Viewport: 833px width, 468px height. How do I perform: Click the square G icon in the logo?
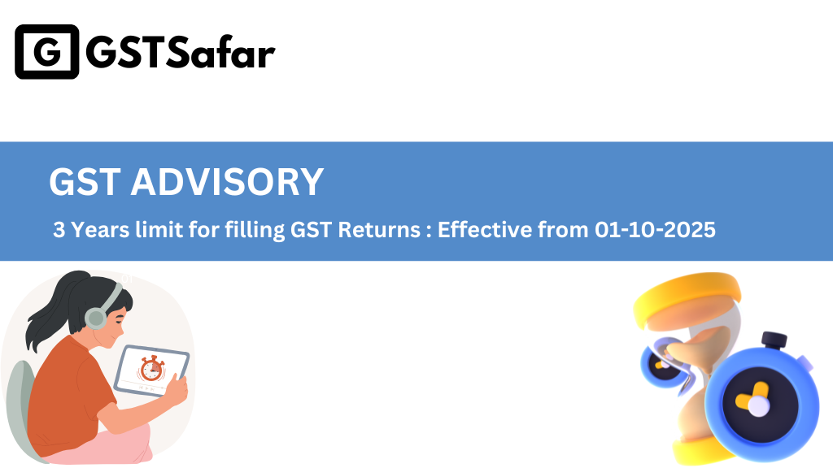46,51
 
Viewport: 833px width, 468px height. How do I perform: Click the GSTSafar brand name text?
181,53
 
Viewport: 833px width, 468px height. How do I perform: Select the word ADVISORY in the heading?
228,182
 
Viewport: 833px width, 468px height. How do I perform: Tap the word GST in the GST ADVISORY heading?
85,182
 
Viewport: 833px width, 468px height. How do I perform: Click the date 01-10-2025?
655,230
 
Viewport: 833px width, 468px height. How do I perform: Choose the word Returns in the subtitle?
379,230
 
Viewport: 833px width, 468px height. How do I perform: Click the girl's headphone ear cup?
96,318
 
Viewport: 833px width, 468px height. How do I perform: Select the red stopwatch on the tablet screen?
151,368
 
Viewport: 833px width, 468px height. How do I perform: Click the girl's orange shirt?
69,392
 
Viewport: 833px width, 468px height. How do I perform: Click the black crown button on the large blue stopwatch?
774,340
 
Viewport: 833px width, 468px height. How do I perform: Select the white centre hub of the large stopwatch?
759,407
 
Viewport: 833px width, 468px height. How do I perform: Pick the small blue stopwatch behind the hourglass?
661,362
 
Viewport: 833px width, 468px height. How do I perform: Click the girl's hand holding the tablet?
177,390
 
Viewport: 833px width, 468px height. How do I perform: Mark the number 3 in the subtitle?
59,230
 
